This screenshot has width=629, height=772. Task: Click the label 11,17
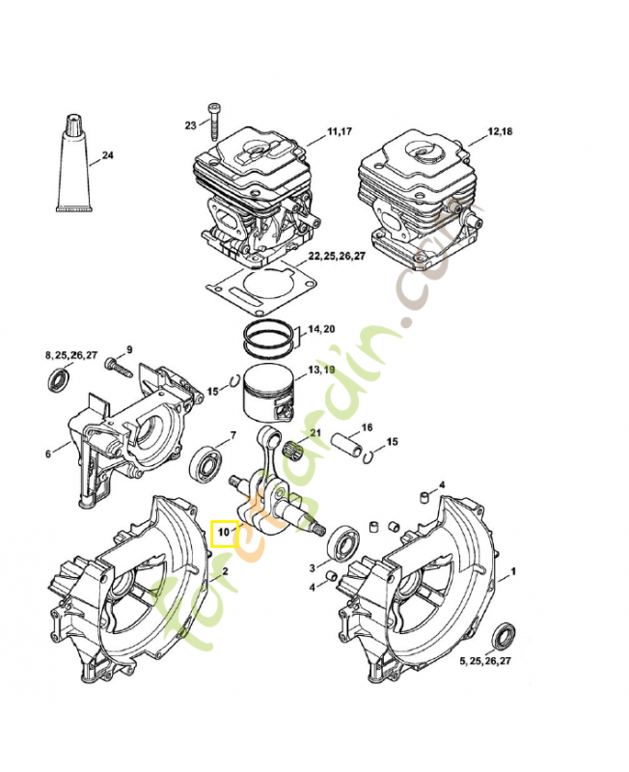pyautogui.click(x=341, y=131)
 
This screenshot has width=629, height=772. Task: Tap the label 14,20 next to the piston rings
pyautogui.click(x=320, y=329)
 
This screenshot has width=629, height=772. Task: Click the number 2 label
pyautogui.click(x=225, y=571)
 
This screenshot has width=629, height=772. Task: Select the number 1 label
pyautogui.click(x=513, y=571)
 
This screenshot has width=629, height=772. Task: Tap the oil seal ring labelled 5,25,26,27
pyautogui.click(x=502, y=638)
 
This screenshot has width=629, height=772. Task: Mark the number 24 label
pyautogui.click(x=107, y=155)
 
